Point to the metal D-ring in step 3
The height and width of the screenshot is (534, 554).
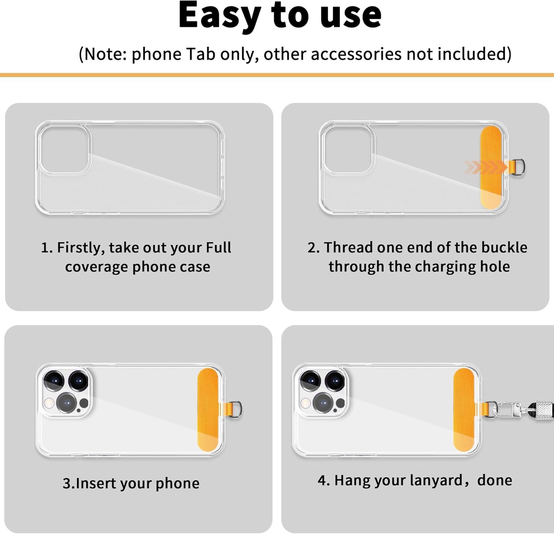click(237, 410)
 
